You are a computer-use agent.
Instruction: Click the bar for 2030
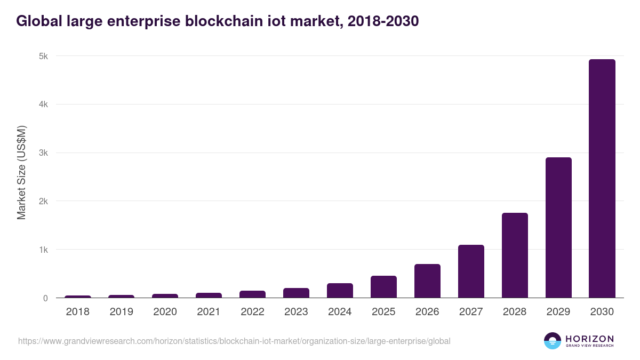tap(602, 179)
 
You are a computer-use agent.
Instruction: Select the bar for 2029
tap(558, 228)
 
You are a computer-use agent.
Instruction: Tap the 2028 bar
tap(515, 255)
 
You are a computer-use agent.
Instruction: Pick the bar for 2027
tap(471, 271)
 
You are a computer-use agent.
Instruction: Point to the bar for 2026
tap(427, 281)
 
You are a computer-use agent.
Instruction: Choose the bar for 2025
tap(383, 287)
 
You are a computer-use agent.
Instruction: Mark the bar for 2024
tap(340, 291)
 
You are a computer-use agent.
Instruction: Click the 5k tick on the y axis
tap(43, 56)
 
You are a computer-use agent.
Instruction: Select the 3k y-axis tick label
tap(43, 153)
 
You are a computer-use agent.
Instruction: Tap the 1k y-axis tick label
tap(43, 250)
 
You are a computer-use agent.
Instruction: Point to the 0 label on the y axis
tap(45, 298)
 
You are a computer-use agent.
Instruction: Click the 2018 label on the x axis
tap(78, 312)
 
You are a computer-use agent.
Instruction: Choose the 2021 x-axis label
tap(209, 312)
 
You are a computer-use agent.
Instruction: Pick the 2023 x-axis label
tap(296, 312)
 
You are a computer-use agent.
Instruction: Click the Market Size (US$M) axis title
tap(21, 172)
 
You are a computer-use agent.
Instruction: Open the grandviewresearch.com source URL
tap(234, 341)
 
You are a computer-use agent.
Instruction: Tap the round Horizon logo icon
tap(552, 341)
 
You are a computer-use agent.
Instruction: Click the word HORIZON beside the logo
tap(589, 339)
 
